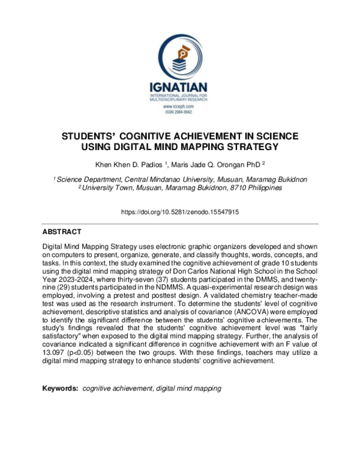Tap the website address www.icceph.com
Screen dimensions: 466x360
click(180, 106)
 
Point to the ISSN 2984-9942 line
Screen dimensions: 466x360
click(180, 112)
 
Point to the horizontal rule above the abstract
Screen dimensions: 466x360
click(180, 224)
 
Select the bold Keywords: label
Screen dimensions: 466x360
click(60, 389)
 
